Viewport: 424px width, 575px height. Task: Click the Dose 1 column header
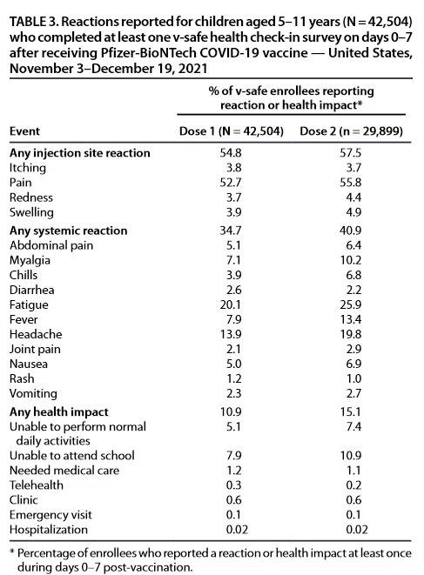tap(232, 131)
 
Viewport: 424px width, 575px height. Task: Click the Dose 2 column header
tap(352, 131)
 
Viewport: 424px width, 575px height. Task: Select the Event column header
tap(24, 131)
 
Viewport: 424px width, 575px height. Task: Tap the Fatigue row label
tap(29, 304)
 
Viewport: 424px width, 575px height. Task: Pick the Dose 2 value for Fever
tap(351, 319)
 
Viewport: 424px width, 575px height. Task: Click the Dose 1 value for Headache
tap(231, 334)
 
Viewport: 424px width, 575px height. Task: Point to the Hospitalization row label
tap(49, 530)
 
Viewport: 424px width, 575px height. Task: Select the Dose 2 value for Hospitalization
tap(357, 530)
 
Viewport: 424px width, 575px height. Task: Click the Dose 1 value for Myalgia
tap(233, 260)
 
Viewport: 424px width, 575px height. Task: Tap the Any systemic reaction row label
tap(68, 231)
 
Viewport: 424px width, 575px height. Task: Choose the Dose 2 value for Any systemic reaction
tap(351, 231)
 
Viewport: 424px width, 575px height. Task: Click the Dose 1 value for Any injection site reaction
tap(231, 152)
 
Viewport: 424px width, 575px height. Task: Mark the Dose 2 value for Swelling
tap(353, 212)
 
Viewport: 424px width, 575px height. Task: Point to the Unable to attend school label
tap(72, 456)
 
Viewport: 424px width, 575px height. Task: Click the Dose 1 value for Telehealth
tap(233, 485)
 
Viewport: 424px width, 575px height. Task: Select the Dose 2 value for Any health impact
tap(351, 411)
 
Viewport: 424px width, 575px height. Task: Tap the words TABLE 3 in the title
tap(33, 22)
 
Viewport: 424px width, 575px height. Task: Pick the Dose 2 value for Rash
tap(353, 378)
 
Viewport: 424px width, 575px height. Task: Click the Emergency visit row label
tap(50, 515)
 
